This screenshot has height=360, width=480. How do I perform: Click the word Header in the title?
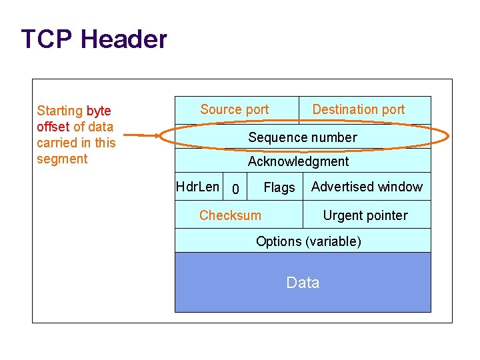point(124,39)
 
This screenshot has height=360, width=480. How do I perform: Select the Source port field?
point(235,109)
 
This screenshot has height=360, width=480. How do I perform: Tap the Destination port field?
point(359,109)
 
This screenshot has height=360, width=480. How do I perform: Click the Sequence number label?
point(303,137)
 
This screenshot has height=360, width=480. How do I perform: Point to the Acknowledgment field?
point(298,161)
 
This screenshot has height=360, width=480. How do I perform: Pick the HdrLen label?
point(197,187)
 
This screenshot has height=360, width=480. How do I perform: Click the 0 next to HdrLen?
point(235,190)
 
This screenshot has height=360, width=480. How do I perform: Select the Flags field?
point(279,188)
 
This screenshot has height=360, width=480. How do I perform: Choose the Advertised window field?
point(367,187)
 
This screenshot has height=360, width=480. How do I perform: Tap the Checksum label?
point(230,215)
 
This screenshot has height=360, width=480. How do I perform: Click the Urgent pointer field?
point(365,215)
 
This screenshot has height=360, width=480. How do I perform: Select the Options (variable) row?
point(309,241)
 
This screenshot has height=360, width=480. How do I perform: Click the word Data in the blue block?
point(303,283)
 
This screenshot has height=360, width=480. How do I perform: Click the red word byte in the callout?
point(99,111)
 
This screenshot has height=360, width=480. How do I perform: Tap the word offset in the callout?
point(53,127)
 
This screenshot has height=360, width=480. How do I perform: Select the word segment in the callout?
point(62,159)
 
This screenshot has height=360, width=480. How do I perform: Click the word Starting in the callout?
point(60,111)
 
